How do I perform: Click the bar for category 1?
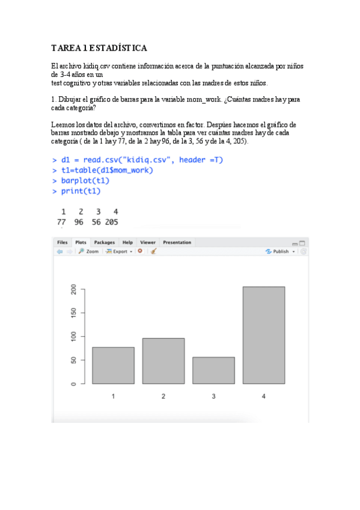[113, 366]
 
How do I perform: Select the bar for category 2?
[163, 361]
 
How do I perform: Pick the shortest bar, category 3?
[213, 370]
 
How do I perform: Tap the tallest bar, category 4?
[264, 335]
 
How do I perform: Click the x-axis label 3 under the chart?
[213, 396]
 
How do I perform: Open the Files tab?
[63, 242]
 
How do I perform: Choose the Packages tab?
[104, 242]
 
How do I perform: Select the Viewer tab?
[148, 242]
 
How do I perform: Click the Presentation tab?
[177, 242]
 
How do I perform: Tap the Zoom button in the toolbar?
[89, 251]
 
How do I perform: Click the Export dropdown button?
[119, 251]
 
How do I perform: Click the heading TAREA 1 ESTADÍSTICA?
[99, 48]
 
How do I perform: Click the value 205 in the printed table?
[111, 222]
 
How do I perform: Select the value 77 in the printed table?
[61, 222]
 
